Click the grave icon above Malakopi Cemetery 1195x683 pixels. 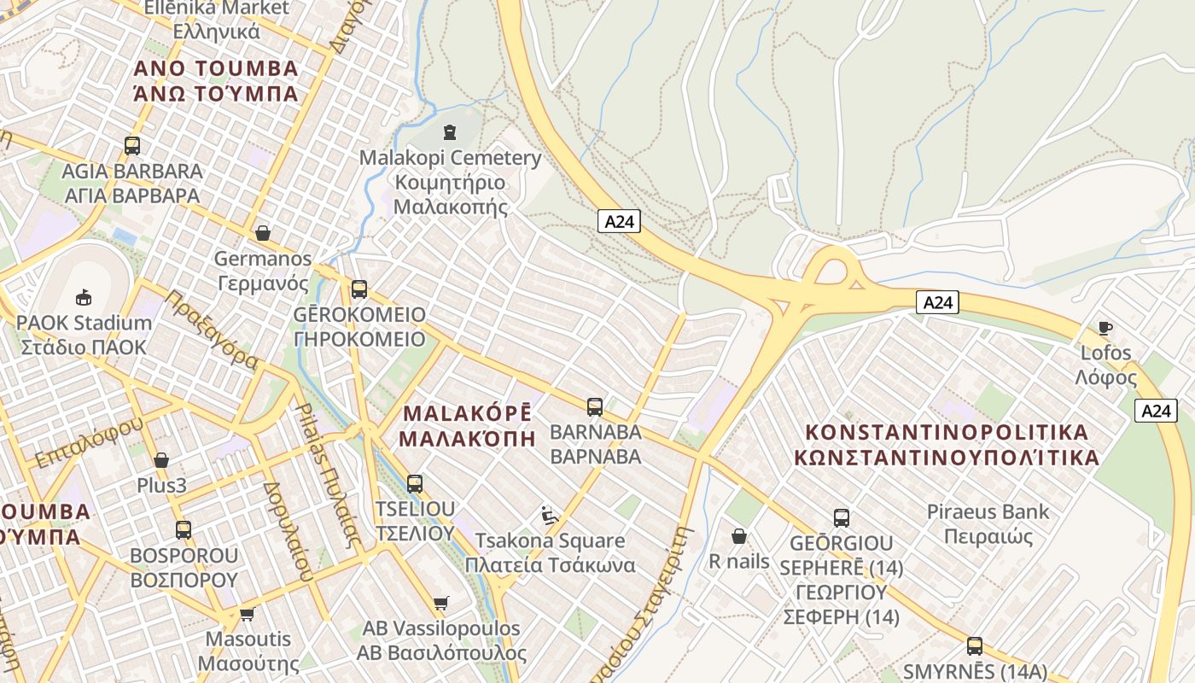(450, 132)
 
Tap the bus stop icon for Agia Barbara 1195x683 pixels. (132, 145)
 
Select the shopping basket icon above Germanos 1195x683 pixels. (263, 233)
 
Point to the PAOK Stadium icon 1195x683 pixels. (84, 297)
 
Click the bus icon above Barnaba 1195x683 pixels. (595, 406)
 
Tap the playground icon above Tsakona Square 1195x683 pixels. (550, 515)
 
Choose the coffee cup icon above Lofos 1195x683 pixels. (1105, 328)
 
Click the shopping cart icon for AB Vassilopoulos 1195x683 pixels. (441, 604)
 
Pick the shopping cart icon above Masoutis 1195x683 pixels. (248, 614)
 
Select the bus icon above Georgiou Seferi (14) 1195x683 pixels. (842, 517)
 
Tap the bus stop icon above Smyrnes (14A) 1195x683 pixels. (975, 645)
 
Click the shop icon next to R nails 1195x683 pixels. (739, 536)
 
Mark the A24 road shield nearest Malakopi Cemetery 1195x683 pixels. (619, 222)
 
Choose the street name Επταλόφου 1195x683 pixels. (89, 443)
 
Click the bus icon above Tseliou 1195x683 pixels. (415, 484)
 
